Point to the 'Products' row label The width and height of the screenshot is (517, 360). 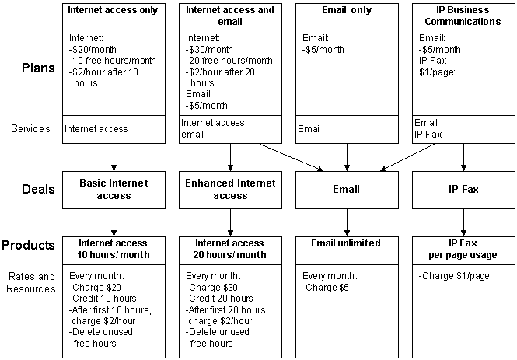29,246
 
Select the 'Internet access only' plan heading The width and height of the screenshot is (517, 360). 114,11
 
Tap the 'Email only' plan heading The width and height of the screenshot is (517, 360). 346,11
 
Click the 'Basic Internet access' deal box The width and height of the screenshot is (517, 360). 114,190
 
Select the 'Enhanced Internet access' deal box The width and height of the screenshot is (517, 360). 230,190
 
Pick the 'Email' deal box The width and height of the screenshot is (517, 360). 346,189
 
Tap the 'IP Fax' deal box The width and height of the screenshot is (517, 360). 463,189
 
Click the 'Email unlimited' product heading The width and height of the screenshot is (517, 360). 346,243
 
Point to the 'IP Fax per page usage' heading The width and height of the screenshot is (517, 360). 463,249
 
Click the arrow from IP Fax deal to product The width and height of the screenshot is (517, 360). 463,222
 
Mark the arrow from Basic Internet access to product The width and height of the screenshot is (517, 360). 114,222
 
